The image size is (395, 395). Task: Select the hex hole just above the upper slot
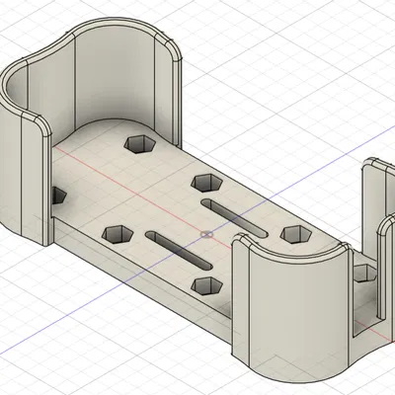(x=205, y=183)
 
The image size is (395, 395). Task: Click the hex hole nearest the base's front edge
(x=206, y=285)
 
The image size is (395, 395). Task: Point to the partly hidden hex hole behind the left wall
(x=56, y=196)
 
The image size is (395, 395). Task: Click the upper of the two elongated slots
(x=235, y=215)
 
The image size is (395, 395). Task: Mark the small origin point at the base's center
(x=204, y=235)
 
